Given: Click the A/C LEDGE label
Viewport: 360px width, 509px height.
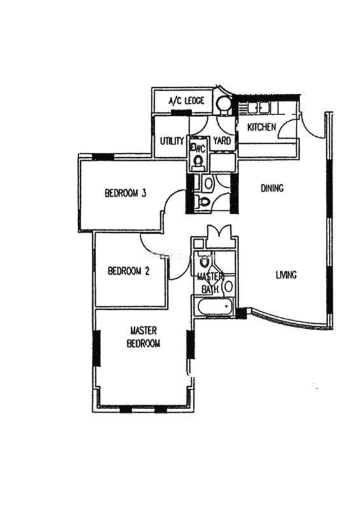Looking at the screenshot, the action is click(186, 101).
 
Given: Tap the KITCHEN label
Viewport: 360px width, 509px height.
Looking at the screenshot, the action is click(261, 127).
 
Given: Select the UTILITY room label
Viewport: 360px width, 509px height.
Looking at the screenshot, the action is click(172, 141).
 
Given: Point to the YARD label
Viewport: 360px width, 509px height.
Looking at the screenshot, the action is click(222, 141).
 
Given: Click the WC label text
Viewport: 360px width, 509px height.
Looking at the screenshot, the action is click(199, 149).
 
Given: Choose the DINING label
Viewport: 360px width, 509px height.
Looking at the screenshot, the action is click(272, 188).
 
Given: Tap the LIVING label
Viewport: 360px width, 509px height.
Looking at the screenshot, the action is click(286, 275).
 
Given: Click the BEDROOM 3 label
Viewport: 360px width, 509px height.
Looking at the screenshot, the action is click(125, 193).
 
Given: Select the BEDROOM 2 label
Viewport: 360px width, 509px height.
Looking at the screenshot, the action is click(128, 271).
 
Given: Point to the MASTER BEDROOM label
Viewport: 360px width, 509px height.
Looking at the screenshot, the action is click(144, 337).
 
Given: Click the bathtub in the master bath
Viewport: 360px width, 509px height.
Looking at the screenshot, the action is click(215, 306).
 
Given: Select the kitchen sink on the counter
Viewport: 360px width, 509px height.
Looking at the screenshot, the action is click(260, 108).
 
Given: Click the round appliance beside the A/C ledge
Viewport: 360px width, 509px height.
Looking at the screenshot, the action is click(223, 104).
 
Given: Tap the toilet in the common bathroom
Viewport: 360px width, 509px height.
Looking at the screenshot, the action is click(204, 202).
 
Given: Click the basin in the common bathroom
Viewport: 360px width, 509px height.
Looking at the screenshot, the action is click(208, 183).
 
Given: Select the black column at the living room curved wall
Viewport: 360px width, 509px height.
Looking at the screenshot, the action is click(241, 314).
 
